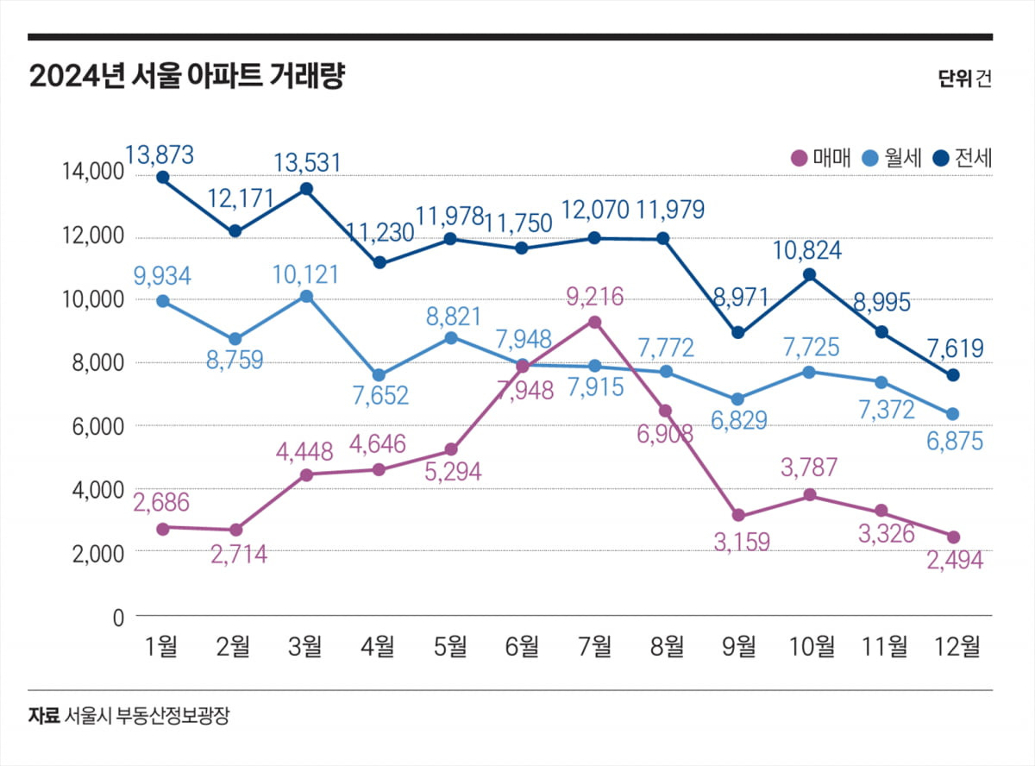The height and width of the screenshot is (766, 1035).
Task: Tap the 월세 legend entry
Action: coord(892,158)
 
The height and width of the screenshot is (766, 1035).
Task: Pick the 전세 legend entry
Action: coord(963,158)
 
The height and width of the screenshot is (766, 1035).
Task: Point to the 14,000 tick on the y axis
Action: coord(92,173)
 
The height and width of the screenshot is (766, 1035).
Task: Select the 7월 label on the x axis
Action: coord(595,645)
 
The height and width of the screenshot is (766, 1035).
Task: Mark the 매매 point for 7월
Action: coord(594,322)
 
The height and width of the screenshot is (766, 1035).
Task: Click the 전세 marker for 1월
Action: coord(162,178)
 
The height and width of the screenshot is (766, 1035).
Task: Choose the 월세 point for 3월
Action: coord(307,297)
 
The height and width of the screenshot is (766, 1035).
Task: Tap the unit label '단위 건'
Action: coord(964,78)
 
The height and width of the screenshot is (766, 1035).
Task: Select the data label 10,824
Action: coord(810,252)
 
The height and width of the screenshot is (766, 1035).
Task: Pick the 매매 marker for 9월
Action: coord(738,515)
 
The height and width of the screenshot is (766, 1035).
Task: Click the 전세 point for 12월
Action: coord(953,375)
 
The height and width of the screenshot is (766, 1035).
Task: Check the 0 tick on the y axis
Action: coord(119,617)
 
